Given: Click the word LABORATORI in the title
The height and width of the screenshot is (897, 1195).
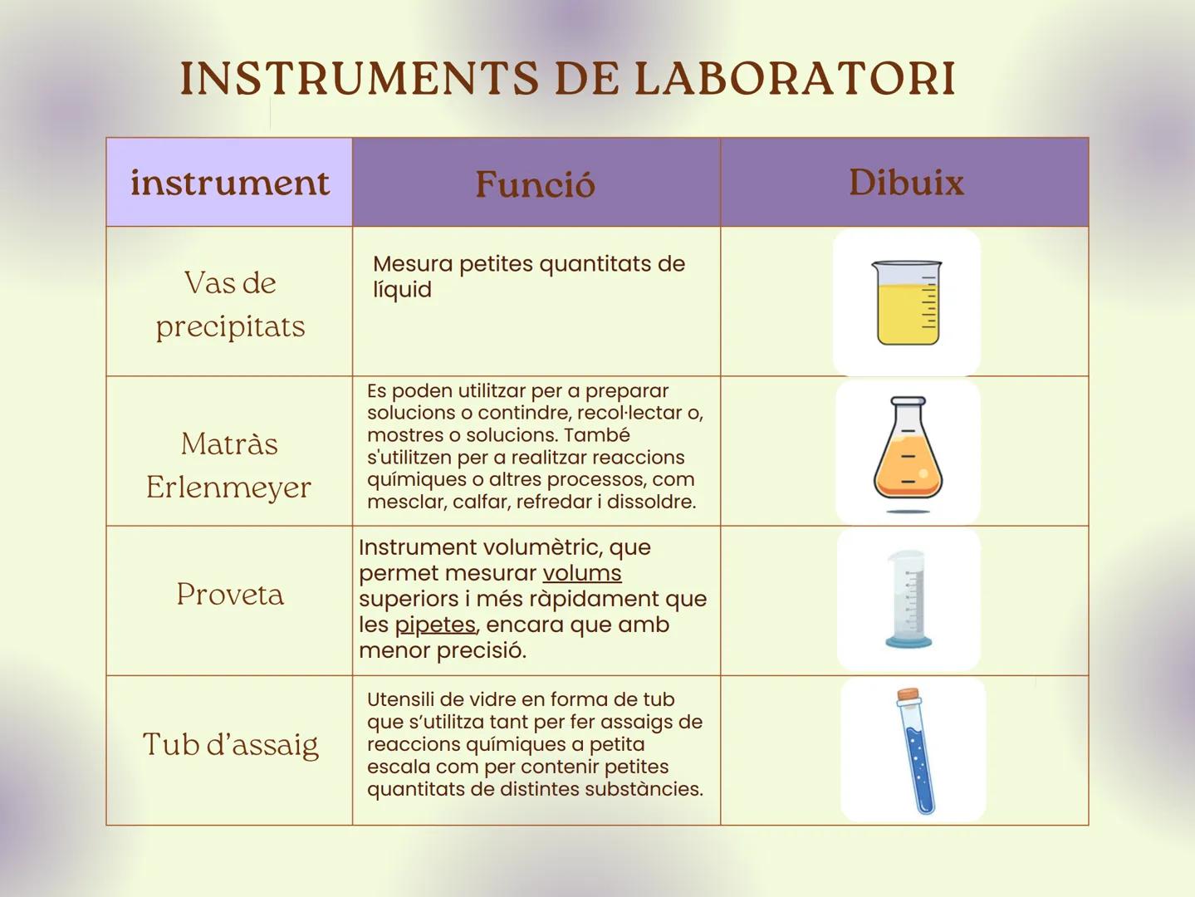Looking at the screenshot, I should coord(795,79).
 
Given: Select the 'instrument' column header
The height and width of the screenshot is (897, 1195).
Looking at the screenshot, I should coord(229,183).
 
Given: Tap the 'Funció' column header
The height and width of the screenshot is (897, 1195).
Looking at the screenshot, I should coord(536,184).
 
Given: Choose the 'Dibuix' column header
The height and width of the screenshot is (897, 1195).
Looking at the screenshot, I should coord(905,183).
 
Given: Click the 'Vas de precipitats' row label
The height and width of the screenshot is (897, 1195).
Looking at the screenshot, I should coord(230,304).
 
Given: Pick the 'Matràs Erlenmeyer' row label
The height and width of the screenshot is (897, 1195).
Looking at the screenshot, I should coord(229,465).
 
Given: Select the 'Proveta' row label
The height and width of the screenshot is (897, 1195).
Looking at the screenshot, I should coord(230,594).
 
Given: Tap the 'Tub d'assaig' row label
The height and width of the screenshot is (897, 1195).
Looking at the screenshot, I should coord(230,744).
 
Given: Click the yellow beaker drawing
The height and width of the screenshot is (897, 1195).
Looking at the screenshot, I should coord(907,303).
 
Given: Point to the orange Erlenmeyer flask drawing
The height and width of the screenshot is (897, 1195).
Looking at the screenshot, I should coord(908,453).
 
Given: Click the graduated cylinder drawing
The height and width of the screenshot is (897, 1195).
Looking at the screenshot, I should coord(908,598).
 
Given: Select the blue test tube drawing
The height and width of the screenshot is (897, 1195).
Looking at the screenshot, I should coord(916,756).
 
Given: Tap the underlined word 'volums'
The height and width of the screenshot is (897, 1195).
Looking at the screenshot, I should coord(581,573).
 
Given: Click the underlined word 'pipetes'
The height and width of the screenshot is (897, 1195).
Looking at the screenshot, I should coord(435,625).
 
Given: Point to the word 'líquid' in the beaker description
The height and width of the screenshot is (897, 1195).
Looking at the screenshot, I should coord(402,290).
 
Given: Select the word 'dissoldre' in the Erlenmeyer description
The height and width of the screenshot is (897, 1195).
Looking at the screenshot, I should coord(658,502).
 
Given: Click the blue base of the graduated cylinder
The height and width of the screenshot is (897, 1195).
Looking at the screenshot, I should coord(908,641).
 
